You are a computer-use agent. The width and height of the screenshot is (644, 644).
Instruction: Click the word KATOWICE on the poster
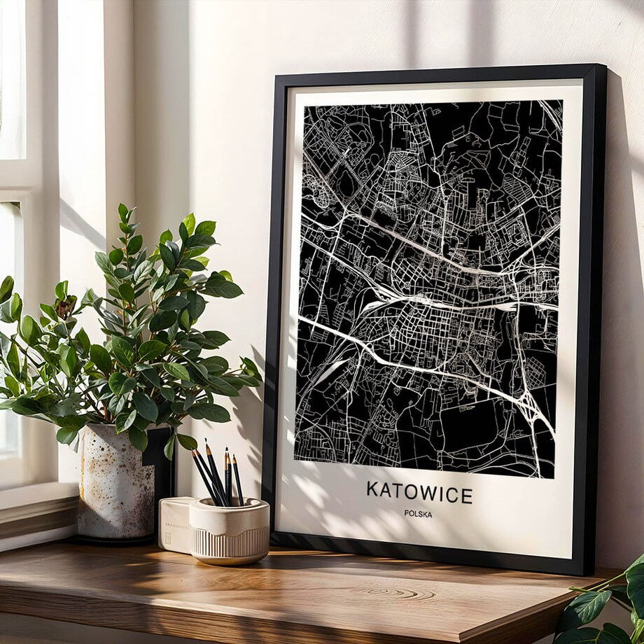point(419,492)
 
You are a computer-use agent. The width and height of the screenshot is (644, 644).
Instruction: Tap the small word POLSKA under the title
point(418,514)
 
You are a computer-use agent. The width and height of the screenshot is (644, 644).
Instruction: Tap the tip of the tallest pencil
point(206,441)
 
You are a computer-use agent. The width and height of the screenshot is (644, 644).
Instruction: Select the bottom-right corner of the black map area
point(554,478)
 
